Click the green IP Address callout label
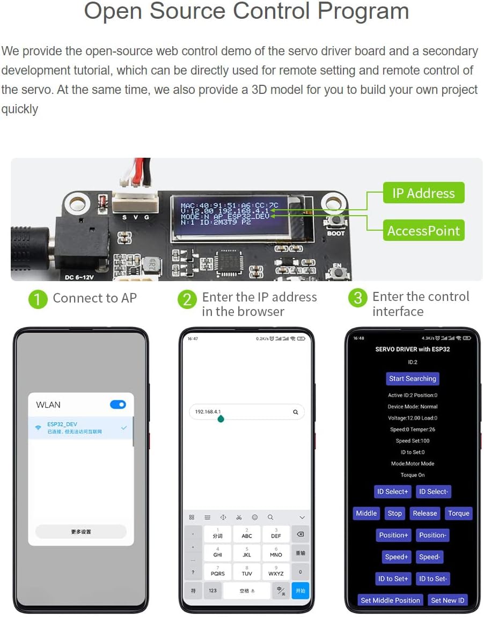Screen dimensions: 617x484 click(x=423, y=193)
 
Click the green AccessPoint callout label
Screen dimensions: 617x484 click(x=423, y=231)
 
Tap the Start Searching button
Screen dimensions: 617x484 click(x=412, y=379)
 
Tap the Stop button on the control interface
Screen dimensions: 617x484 click(x=394, y=513)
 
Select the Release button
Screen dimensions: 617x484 click(x=424, y=513)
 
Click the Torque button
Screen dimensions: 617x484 click(x=459, y=513)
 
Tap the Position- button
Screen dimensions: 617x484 click(x=432, y=535)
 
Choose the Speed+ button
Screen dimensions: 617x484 click(x=397, y=557)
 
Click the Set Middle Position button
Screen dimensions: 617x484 click(x=390, y=600)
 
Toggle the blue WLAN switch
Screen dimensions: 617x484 click(x=118, y=405)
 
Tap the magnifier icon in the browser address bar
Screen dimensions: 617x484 click(x=295, y=412)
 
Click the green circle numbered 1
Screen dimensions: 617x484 click(x=38, y=299)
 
